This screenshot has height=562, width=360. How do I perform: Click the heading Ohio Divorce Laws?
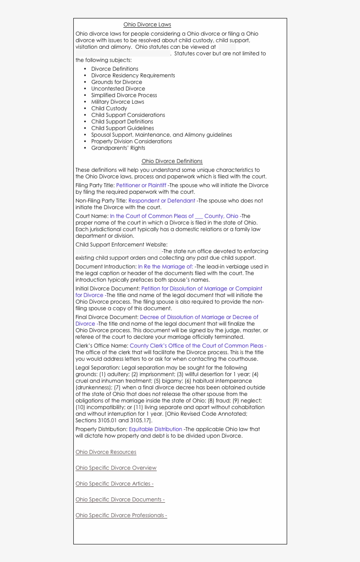point(147,25)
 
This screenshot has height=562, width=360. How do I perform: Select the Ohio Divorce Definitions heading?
point(172,161)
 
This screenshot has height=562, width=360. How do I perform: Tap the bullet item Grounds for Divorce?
point(116,82)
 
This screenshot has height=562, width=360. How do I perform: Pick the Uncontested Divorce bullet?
point(118,89)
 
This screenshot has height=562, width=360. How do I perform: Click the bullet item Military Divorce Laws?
point(117,102)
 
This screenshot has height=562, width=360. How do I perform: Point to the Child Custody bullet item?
point(109,109)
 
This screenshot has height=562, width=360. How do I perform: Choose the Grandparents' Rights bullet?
point(118,148)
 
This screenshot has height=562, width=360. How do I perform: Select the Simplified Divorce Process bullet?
point(124,95)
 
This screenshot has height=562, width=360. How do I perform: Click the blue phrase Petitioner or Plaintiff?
point(141,185)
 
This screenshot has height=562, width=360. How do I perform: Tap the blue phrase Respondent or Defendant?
point(162,201)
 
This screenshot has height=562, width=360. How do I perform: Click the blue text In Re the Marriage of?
point(165,267)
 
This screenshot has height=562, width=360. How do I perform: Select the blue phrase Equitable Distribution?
point(155,429)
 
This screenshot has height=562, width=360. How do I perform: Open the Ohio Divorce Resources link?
point(106,452)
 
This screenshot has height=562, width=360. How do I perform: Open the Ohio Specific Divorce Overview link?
point(116,468)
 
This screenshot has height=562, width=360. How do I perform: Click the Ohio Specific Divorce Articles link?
point(114,484)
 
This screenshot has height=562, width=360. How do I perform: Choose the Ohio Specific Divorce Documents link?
point(120,500)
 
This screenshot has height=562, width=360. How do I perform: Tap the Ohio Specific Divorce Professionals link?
point(121,515)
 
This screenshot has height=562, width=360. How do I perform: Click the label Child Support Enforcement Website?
point(121,245)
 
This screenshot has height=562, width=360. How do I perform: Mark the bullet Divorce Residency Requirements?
point(133,76)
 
